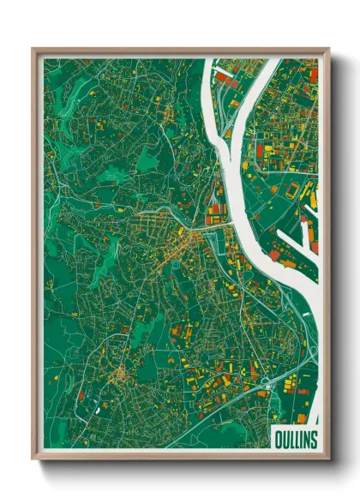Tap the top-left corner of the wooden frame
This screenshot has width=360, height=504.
tap(33, 49)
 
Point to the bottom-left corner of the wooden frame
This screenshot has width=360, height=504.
tap(33, 458)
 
